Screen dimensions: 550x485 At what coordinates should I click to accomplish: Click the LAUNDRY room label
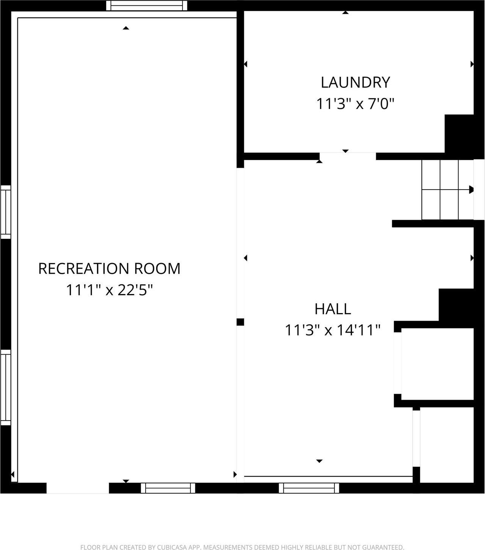355,82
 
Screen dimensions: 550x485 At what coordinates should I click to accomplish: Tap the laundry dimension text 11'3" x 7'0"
355,103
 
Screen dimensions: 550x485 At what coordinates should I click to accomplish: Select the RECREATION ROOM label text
109,268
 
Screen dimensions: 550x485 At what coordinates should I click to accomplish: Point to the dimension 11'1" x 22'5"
109,290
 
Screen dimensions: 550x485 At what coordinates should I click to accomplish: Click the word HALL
333,309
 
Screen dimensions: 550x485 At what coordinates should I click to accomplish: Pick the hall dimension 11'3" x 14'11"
333,330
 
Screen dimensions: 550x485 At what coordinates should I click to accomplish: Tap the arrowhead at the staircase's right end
471,190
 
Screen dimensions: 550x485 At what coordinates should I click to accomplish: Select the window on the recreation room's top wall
147,6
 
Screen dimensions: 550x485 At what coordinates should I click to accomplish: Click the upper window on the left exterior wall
6,212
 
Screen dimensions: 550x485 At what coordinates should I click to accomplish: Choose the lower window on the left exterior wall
6,387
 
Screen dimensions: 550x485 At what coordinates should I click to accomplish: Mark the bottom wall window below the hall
309,488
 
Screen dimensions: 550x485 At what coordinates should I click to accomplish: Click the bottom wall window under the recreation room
168,488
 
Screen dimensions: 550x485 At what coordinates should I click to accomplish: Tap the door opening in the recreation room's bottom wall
78,488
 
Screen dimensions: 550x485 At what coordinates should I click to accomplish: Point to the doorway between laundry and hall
347,156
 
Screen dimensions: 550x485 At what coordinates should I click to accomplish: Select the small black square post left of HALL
240,322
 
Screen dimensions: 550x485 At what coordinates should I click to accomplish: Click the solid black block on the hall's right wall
456,305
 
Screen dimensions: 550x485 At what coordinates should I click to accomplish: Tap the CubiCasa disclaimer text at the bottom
242,547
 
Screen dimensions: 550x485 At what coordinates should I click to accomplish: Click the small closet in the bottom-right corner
447,445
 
